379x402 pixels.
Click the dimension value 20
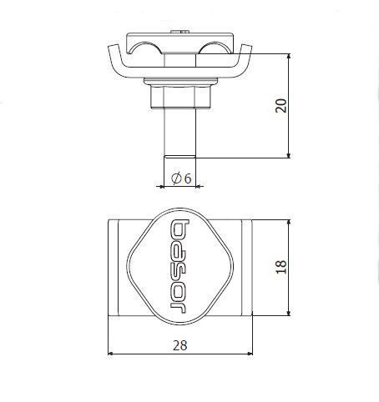click(x=280, y=106)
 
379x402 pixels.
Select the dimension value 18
click(x=281, y=267)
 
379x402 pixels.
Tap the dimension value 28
click(x=180, y=345)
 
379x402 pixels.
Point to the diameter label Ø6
click(x=181, y=178)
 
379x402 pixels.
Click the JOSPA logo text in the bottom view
click(x=179, y=267)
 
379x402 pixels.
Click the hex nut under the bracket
click(x=180, y=97)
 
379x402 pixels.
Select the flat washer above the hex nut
click(x=180, y=81)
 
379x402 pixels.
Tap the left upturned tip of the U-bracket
click(x=114, y=48)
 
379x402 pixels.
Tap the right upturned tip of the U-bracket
click(x=246, y=47)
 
